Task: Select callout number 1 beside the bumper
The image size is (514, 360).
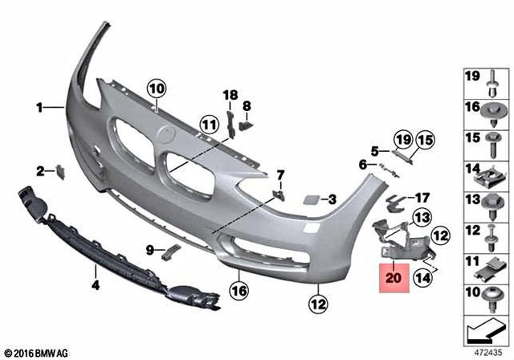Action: [x=38, y=106]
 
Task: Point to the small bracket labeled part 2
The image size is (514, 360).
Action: [x=59, y=170]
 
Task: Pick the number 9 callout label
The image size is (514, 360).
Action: [x=149, y=250]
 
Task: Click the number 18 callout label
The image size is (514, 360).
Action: [x=231, y=96]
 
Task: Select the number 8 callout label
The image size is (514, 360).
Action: [x=247, y=105]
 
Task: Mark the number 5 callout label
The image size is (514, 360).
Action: [x=374, y=150]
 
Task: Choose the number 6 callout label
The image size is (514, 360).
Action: [x=362, y=165]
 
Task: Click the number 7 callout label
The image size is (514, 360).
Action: [x=280, y=174]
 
